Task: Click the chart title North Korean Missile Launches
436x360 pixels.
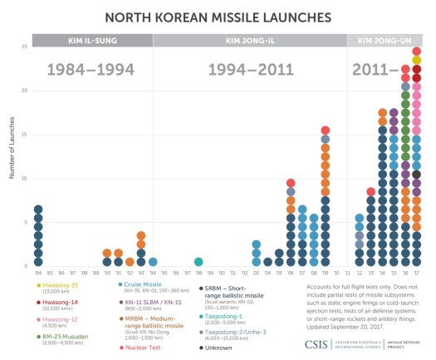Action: (x=218, y=17)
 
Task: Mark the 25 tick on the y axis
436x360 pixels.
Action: (x=24, y=47)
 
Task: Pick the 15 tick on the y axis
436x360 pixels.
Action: (x=24, y=134)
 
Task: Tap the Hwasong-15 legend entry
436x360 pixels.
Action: (x=56, y=285)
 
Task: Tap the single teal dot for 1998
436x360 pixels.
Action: (x=198, y=262)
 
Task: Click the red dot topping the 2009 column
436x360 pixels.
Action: (x=326, y=131)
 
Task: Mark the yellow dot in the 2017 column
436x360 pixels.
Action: (x=416, y=60)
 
